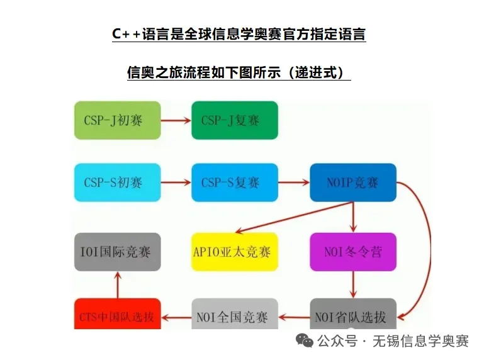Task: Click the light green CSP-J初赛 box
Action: tap(117, 120)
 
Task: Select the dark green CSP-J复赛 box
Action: tap(235, 120)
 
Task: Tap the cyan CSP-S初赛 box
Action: tap(117, 183)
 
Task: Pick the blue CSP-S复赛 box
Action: tap(235, 183)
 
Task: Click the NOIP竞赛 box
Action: tap(352, 183)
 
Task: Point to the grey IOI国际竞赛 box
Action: tap(117, 252)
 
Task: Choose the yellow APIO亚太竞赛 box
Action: tap(235, 252)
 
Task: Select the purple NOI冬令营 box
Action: tap(352, 252)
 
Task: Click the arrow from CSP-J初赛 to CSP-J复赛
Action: tap(176, 120)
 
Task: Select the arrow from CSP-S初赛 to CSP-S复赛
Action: tap(176, 183)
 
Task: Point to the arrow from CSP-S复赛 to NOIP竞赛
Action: tap(293, 183)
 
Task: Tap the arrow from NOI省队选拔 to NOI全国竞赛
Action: tap(293, 316)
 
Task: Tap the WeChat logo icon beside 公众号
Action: tap(305, 341)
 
